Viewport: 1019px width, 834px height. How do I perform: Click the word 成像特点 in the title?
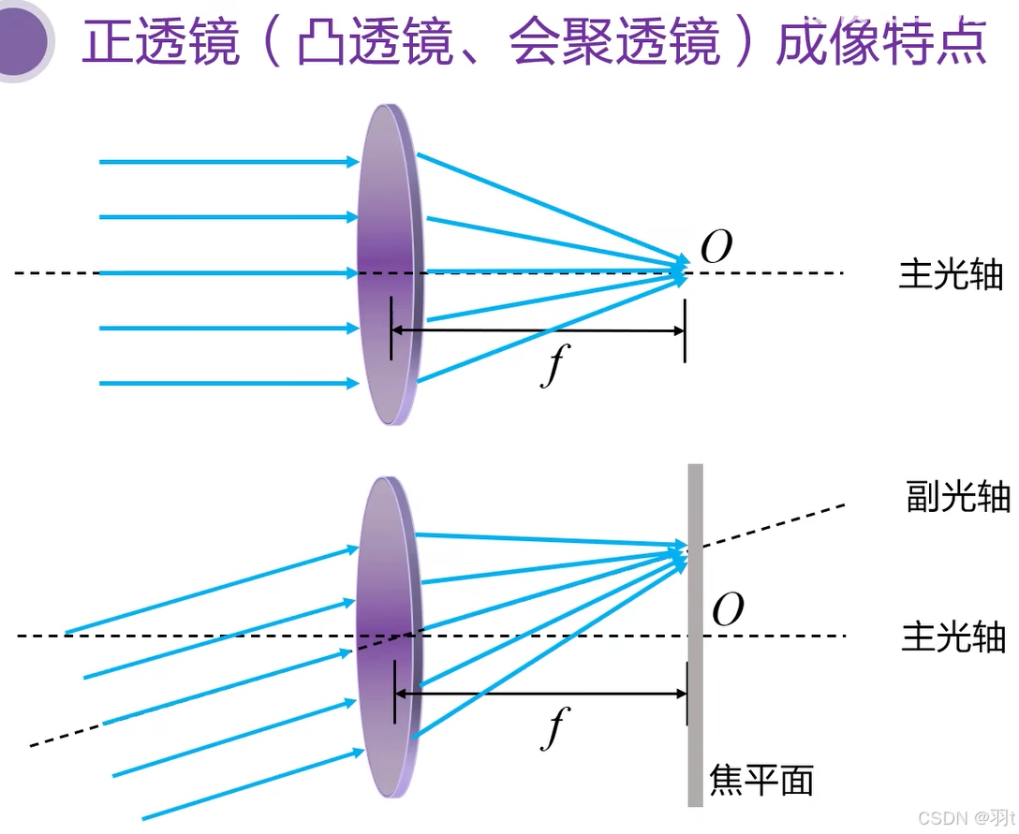[881, 43]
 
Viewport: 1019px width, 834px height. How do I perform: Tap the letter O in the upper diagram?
[716, 248]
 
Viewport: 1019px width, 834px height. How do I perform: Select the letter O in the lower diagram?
[728, 610]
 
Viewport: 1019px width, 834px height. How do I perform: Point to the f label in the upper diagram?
[554, 366]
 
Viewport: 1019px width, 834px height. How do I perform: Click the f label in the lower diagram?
[555, 727]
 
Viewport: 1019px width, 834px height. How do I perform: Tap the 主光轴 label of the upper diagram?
[950, 274]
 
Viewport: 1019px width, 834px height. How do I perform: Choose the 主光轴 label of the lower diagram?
[953, 636]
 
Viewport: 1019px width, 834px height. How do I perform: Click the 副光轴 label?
[957, 497]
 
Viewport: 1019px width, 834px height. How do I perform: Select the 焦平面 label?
[761, 779]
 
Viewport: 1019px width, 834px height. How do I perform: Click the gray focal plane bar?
[695, 711]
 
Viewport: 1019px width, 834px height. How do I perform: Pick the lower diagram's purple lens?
[386, 580]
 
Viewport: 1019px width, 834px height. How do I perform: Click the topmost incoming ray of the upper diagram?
[225, 162]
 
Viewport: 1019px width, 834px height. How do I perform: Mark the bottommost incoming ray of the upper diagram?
[225, 383]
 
